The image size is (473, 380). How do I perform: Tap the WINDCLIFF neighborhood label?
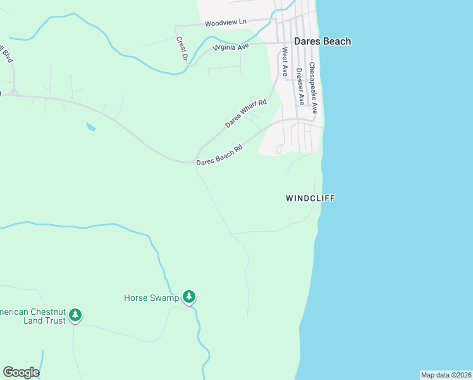coord(310,198)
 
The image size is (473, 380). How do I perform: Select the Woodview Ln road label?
coord(225,23)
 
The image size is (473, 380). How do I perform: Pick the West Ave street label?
coord(285,61)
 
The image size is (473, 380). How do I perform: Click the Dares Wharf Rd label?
coord(247,113)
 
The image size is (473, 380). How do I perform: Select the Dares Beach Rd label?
coord(219,156)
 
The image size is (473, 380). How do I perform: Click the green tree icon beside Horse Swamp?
coord(188,296)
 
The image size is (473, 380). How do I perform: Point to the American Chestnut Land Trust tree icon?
coord(75,315)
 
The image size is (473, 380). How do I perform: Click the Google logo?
coord(21,372)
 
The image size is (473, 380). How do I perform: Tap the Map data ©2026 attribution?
coord(446,375)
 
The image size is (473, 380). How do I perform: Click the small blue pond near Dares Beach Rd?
coord(90,127)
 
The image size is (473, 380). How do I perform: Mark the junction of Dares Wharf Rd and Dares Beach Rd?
coord(197,159)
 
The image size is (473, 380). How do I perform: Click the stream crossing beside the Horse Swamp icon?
coord(193,308)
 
